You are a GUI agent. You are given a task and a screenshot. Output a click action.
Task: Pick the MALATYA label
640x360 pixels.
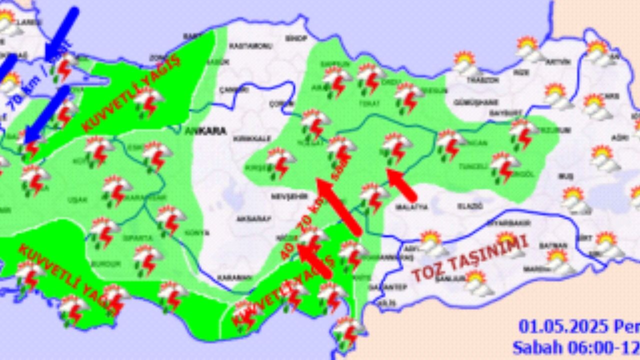411,206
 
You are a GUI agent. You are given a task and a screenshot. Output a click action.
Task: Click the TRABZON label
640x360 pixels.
482,80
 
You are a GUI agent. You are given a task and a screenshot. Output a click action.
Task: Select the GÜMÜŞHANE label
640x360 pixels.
474,102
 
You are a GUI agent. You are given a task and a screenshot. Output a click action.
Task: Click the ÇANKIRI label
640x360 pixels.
234,90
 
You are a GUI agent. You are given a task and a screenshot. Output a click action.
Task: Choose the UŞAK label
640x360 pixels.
77,200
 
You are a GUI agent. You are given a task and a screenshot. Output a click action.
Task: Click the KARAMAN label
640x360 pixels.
234,278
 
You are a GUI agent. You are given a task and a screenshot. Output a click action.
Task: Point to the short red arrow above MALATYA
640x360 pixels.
402,184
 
